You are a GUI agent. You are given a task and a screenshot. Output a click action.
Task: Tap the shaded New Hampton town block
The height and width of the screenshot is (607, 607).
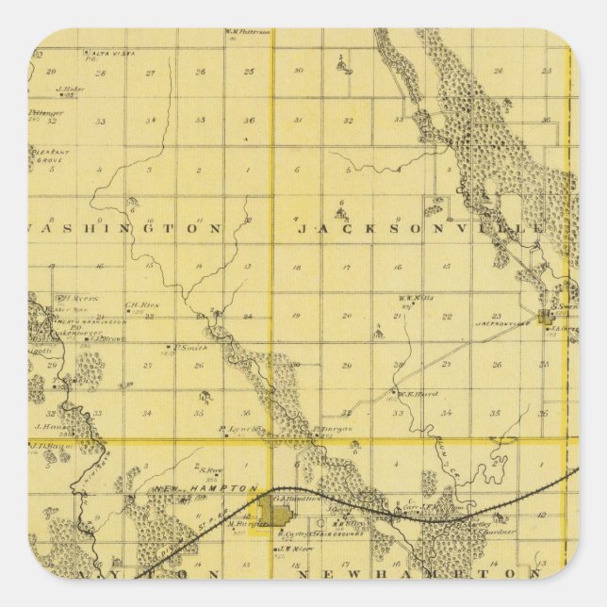coord(278,515)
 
